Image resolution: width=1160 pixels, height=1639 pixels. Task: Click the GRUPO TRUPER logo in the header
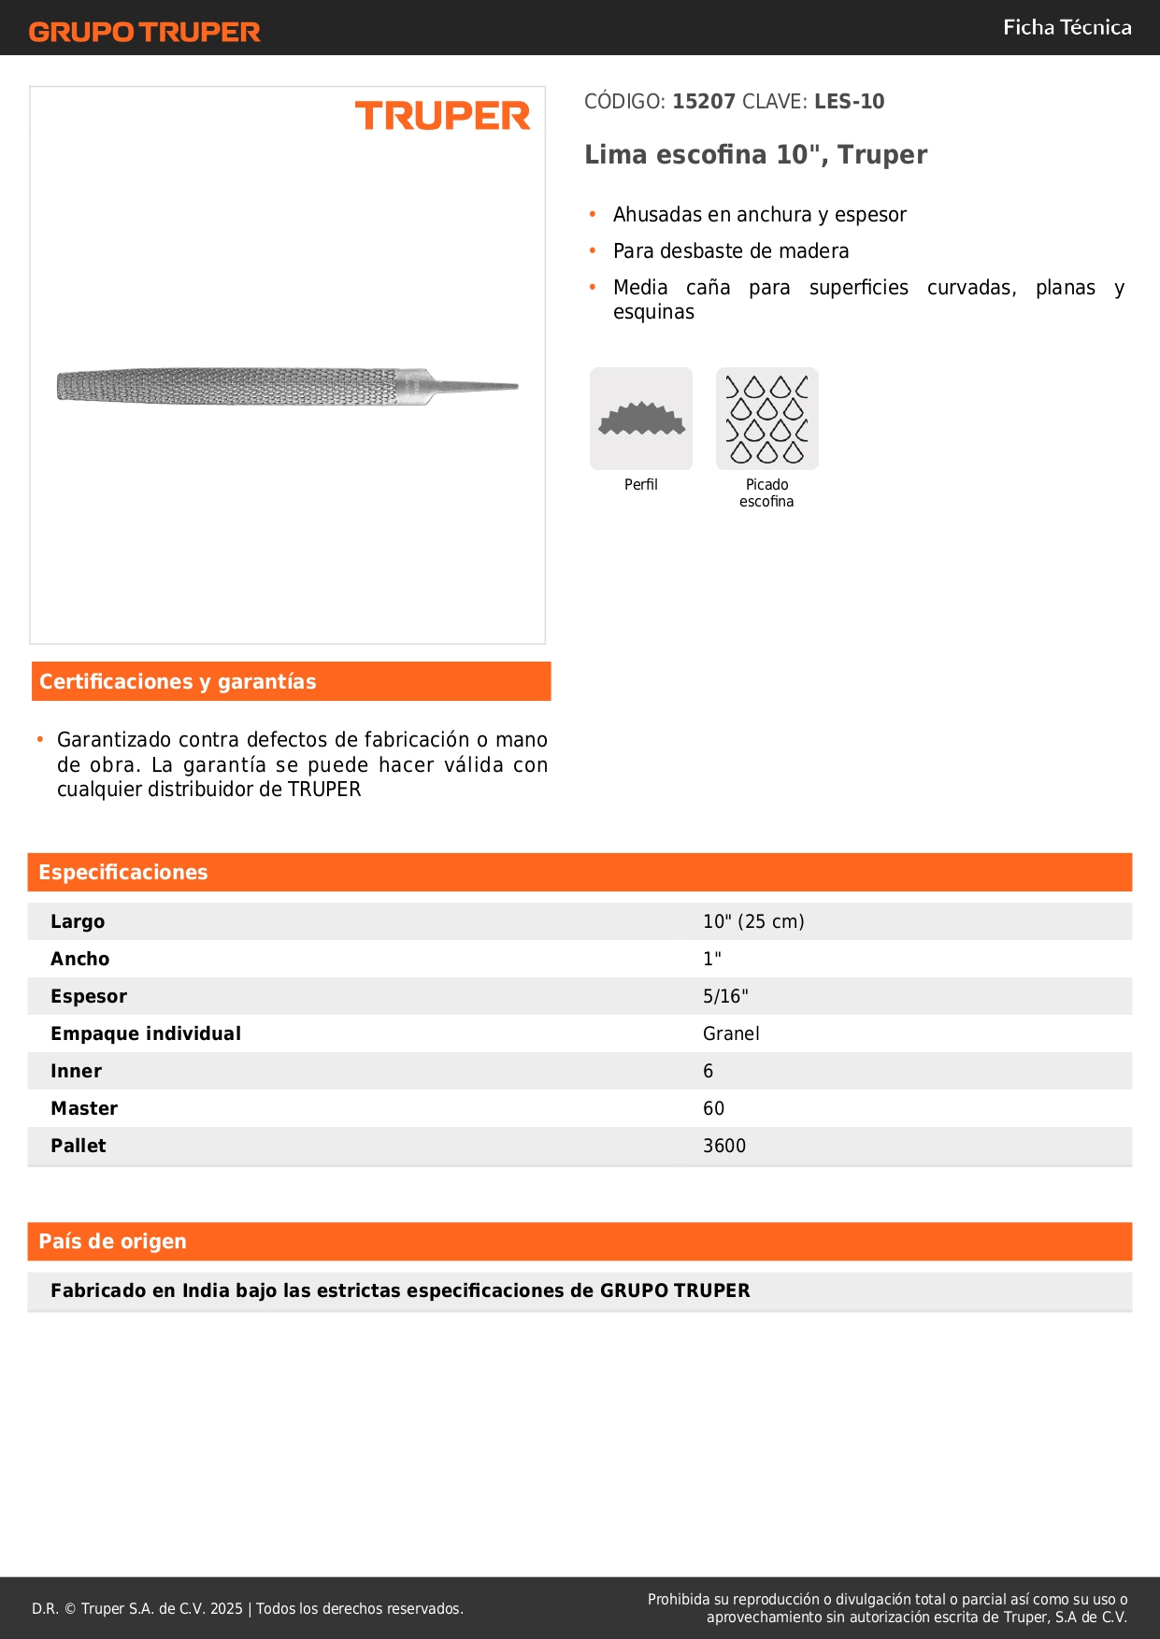pyautogui.click(x=144, y=32)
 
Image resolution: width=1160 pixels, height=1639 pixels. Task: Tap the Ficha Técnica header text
pyautogui.click(x=1067, y=28)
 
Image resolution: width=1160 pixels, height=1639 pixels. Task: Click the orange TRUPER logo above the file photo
pyautogui.click(x=442, y=116)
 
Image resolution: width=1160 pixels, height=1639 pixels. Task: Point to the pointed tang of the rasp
pyautogui.click(x=477, y=386)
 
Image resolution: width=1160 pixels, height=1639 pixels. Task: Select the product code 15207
pyautogui.click(x=704, y=102)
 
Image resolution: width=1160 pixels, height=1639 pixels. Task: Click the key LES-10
pyautogui.click(x=849, y=102)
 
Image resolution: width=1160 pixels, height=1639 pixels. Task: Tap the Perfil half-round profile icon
pyautogui.click(x=641, y=419)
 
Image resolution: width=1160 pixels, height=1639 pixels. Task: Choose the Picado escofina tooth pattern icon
pyautogui.click(x=766, y=419)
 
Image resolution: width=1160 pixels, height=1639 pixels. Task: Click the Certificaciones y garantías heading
pyautogui.click(x=178, y=682)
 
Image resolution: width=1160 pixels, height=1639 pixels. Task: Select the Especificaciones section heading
pyautogui.click(x=123, y=873)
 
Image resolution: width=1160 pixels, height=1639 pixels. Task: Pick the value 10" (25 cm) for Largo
pyautogui.click(x=753, y=922)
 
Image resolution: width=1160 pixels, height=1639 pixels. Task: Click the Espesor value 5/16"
pyautogui.click(x=725, y=997)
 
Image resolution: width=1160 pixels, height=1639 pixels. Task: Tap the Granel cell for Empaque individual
pyautogui.click(x=731, y=1034)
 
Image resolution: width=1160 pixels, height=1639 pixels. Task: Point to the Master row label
pyautogui.click(x=84, y=1109)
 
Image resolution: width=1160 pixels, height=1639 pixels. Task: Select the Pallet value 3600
pyautogui.click(x=724, y=1147)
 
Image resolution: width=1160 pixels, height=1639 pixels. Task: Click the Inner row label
pyautogui.click(x=76, y=1072)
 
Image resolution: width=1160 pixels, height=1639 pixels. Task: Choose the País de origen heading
pyautogui.click(x=112, y=1242)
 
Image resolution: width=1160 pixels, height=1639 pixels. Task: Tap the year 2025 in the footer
pyautogui.click(x=226, y=1609)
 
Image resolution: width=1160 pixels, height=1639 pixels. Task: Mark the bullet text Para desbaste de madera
pyautogui.click(x=731, y=251)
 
